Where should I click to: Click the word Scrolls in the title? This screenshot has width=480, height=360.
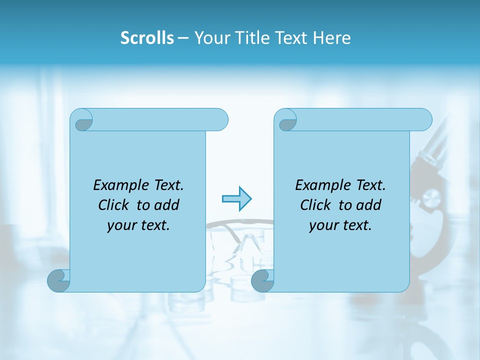point(147,38)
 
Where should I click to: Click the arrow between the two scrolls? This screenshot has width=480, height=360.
point(236,198)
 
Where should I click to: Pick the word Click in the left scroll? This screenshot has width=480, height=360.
point(116,205)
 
